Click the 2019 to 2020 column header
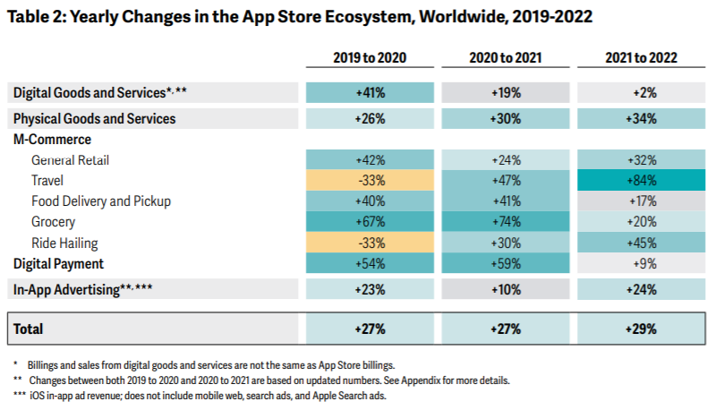(370, 58)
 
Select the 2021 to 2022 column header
(641, 58)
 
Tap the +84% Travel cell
(641, 180)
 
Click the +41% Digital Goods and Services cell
(370, 92)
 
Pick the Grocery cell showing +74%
(506, 222)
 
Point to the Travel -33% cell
(370, 180)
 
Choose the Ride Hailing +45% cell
(641, 243)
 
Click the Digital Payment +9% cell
(641, 263)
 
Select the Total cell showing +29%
(641, 329)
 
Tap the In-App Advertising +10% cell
(506, 289)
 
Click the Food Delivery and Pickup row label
(101, 201)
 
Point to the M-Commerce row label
(52, 139)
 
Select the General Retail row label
(70, 160)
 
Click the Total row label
(28, 329)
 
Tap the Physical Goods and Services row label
(94, 118)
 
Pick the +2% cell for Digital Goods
(641, 92)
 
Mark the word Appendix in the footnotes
(421, 380)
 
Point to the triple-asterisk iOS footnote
(200, 396)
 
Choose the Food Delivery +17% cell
(641, 201)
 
